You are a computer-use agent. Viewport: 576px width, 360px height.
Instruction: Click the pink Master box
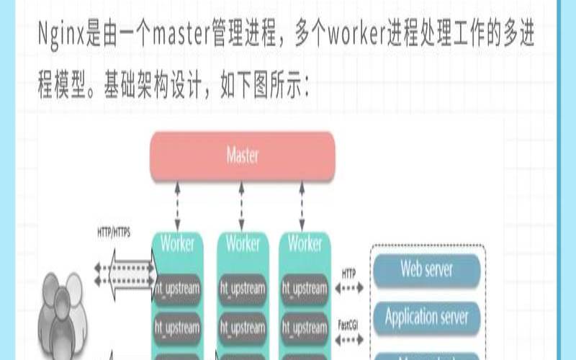tap(243, 156)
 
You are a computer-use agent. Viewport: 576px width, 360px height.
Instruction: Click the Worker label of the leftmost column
tap(177, 243)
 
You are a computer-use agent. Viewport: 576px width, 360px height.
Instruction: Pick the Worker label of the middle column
tap(243, 243)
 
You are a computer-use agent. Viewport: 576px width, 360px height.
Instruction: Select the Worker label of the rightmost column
tap(305, 243)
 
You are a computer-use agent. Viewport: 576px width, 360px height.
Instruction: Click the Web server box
tap(426, 270)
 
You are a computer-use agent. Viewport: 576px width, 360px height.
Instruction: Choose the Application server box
tap(426, 316)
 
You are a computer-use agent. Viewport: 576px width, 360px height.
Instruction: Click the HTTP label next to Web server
tap(348, 274)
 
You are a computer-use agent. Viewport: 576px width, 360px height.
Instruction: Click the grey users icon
tap(61, 310)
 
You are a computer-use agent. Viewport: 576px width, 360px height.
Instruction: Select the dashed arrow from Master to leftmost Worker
tap(177, 204)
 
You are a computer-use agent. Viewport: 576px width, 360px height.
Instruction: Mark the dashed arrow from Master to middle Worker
tap(242, 204)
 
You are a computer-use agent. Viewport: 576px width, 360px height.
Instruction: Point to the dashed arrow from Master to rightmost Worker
tap(302, 204)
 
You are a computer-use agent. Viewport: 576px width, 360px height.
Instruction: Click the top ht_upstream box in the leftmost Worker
tap(177, 289)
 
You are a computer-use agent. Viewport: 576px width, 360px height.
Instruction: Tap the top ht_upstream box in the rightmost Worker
tap(305, 289)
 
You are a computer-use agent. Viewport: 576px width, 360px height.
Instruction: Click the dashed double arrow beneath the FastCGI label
tap(350, 336)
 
